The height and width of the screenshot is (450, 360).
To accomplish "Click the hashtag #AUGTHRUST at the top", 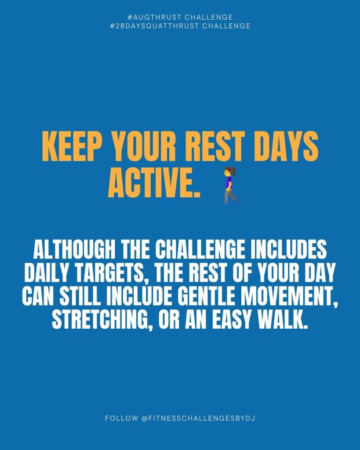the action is [x=153, y=17].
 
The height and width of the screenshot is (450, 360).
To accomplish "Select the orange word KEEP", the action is [x=73, y=147].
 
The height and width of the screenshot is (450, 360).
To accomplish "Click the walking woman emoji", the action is [x=229, y=185].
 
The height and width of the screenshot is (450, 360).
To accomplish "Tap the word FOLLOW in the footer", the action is [x=121, y=418].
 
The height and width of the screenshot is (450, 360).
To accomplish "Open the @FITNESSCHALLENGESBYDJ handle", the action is [x=198, y=418].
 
